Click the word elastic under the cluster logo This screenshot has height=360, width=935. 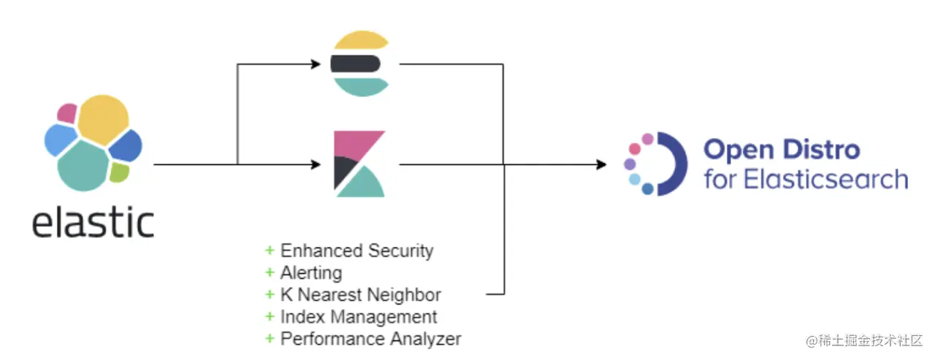[x=93, y=221]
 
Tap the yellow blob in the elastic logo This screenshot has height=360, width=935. [x=102, y=120]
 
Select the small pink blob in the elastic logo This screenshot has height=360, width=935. [x=67, y=112]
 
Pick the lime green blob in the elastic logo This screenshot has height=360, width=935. [x=119, y=172]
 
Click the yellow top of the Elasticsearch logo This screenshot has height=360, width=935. [x=358, y=40]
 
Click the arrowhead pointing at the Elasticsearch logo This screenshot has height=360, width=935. [x=316, y=64]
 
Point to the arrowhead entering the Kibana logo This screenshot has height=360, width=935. [x=316, y=165]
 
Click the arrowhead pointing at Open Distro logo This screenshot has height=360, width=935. [x=601, y=165]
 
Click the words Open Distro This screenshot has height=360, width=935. [x=782, y=150]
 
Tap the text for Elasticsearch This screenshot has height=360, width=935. [x=806, y=179]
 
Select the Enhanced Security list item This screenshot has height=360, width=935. [x=356, y=251]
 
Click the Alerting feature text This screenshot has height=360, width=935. [x=310, y=273]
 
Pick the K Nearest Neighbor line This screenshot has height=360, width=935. [x=360, y=295]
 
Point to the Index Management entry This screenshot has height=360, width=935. [x=359, y=317]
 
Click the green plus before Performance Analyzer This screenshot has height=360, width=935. [x=270, y=339]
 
